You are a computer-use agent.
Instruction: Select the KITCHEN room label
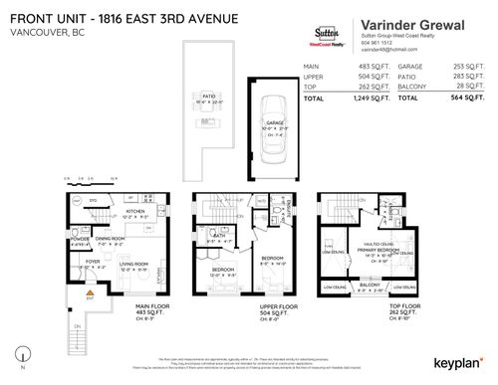pyautogui.click(x=135, y=211)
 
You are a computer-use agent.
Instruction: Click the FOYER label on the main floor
pyautogui.click(x=92, y=263)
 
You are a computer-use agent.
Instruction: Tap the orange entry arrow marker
pyautogui.click(x=73, y=297)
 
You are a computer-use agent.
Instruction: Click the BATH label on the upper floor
pyautogui.click(x=213, y=236)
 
